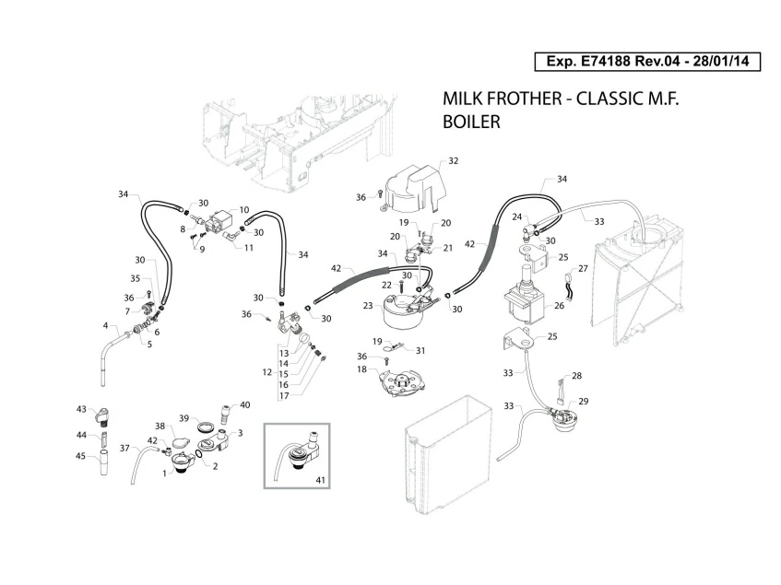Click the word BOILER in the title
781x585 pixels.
click(471, 121)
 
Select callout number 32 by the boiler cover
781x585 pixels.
click(454, 161)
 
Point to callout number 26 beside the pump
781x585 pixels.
click(559, 305)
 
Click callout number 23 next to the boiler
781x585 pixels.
click(367, 306)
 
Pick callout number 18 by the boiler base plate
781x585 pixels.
click(361, 369)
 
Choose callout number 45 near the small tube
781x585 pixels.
click(81, 454)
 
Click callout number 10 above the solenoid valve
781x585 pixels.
click(244, 210)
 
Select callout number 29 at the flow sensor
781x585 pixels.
click(583, 402)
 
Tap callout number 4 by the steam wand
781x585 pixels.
click(106, 325)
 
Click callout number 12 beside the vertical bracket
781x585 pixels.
click(266, 372)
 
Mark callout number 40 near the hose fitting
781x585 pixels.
click(244, 404)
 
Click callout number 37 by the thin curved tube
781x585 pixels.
click(124, 448)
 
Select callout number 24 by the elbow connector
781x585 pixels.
click(517, 216)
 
